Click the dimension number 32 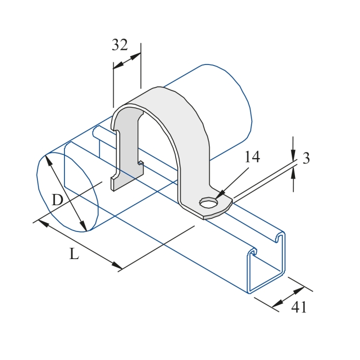pyautogui.click(x=119, y=45)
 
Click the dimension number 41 pyautogui.click(x=299, y=307)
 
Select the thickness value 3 pyautogui.click(x=306, y=159)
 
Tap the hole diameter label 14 pyautogui.click(x=252, y=157)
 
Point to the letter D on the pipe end pyautogui.click(x=57, y=199)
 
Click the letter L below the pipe pyautogui.click(x=73, y=254)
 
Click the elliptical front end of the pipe pyautogui.click(x=68, y=192)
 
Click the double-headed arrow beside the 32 pyautogui.click(x=127, y=61)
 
